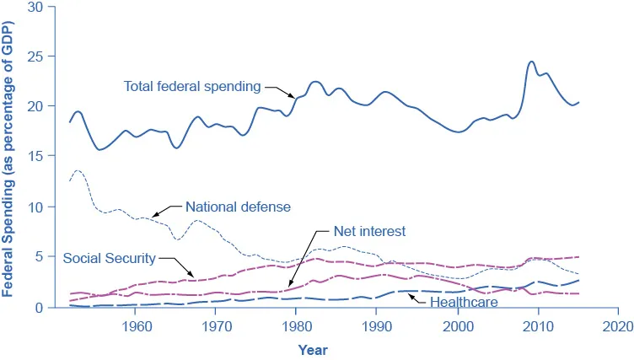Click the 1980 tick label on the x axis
pyautogui.click(x=296, y=325)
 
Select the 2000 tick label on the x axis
pyautogui.click(x=457, y=325)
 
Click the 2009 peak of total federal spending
pyautogui.click(x=531, y=62)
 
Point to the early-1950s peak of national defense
pyautogui.click(x=78, y=170)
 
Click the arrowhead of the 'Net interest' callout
pyautogui.click(x=288, y=288)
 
